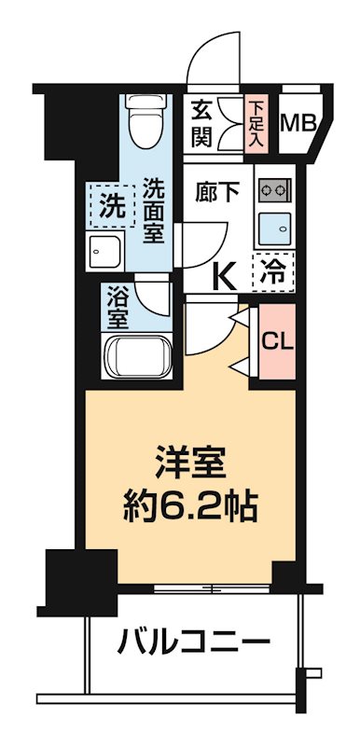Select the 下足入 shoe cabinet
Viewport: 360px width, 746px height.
[x=258, y=124]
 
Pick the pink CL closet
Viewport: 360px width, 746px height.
[x=274, y=342]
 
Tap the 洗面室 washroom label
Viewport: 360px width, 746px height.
[x=154, y=210]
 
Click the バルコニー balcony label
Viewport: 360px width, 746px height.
[x=194, y=642]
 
